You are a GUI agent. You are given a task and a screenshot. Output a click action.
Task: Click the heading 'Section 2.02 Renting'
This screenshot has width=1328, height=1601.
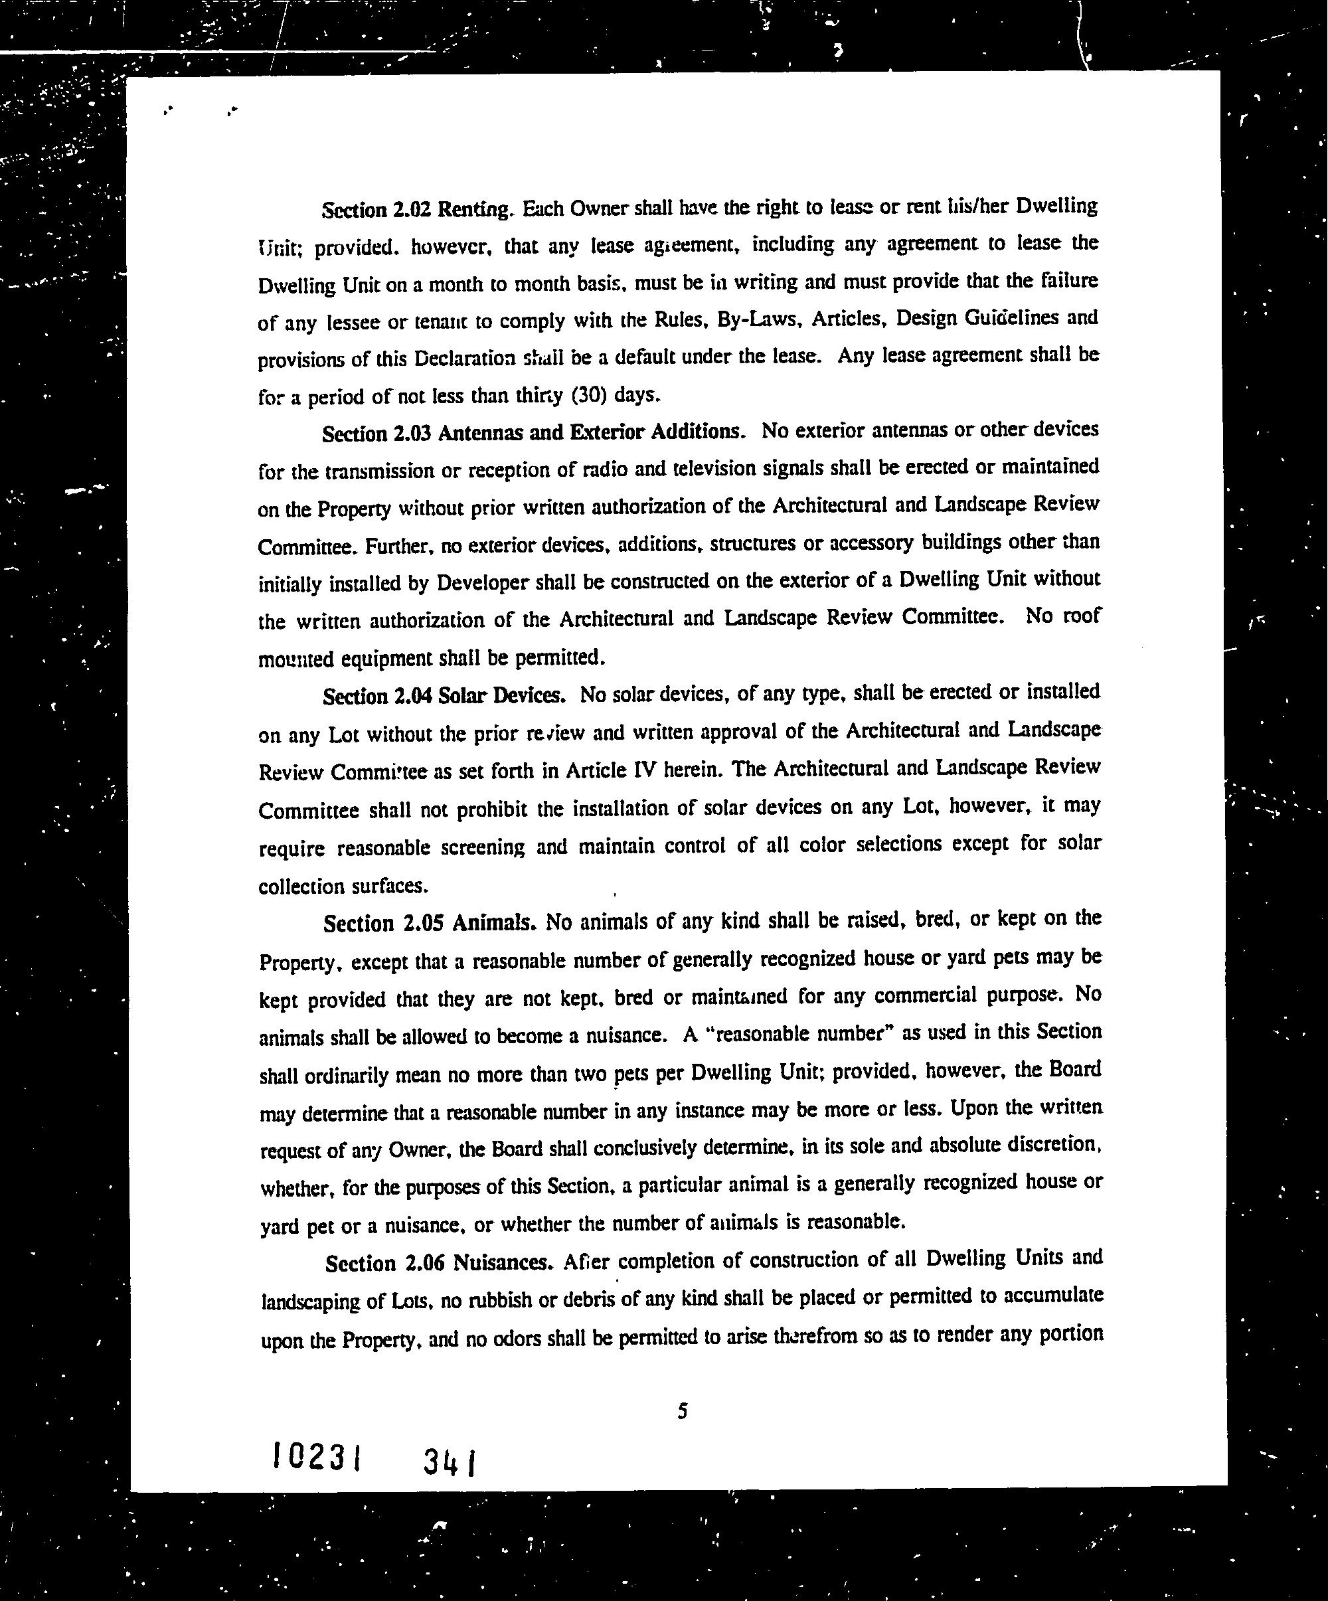[416, 210]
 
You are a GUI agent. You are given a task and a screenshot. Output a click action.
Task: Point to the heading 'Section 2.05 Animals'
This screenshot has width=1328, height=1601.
[432, 924]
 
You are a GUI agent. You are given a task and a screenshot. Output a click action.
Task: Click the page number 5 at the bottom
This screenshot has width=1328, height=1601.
[683, 1411]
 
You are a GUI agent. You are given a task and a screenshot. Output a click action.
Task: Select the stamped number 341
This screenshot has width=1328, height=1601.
[449, 1462]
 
